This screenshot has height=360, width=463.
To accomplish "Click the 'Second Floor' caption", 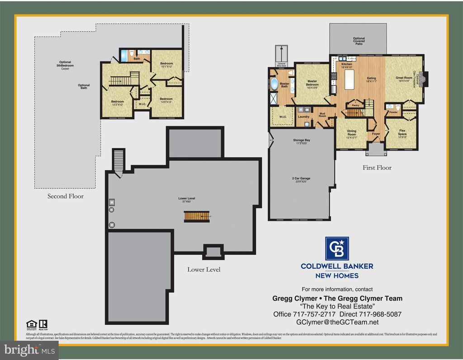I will coord(66,196).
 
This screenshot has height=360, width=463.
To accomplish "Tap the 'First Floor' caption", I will coord(377,168).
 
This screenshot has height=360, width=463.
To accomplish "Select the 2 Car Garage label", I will coord(301,179).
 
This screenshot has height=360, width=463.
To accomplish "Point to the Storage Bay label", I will coord(301,141).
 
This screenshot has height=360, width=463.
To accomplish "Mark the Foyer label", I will coord(376,134).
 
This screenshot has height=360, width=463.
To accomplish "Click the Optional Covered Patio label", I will coord(359,41).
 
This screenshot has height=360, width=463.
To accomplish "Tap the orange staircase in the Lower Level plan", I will coord(197,216).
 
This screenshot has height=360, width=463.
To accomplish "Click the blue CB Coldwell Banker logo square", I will coord(337,248).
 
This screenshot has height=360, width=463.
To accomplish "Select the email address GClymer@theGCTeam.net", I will coord(337,323).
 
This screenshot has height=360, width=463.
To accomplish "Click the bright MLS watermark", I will coord(29,349).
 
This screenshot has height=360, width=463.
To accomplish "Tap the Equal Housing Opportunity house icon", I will coord(31,324).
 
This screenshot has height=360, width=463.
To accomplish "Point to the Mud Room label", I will coord(322,114).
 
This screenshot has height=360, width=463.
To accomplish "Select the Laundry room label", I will coord(303,117).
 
